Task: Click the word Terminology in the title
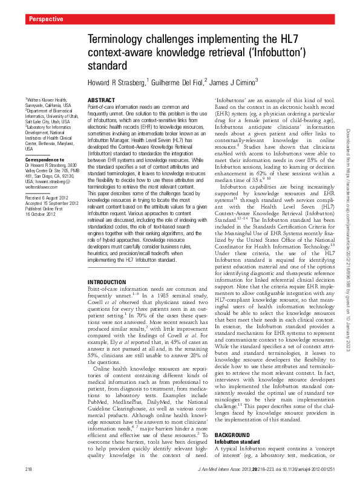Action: [120, 38]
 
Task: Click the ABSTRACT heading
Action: [101, 99]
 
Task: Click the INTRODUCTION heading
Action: [108, 282]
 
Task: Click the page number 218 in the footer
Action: [28, 470]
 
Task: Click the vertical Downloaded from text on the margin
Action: [349, 181]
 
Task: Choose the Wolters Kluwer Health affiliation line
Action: [45, 100]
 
